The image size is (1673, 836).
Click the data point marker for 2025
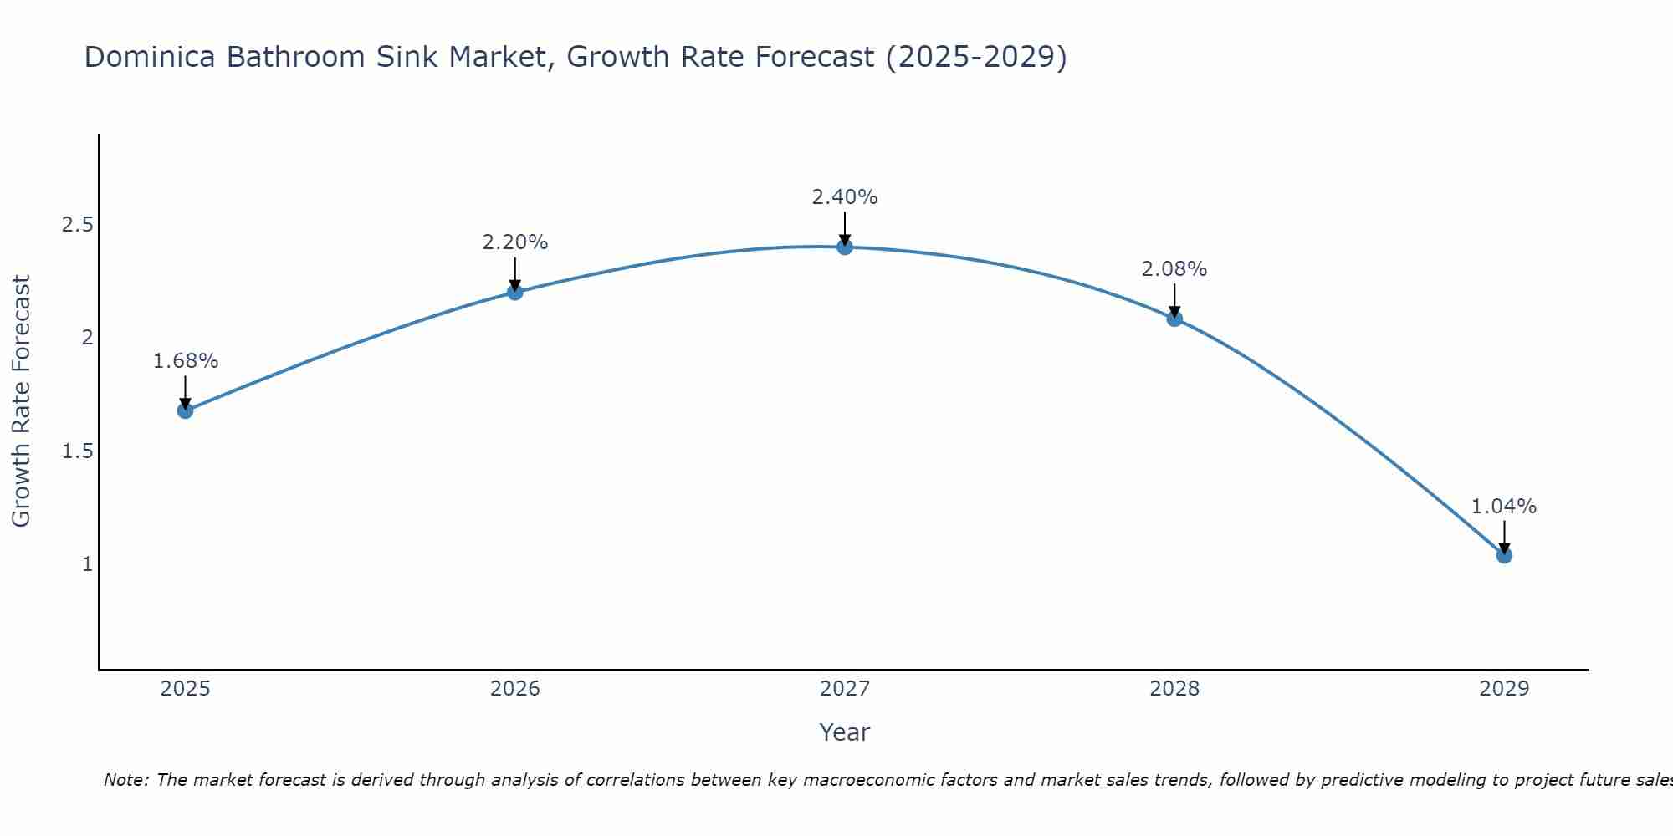pyautogui.click(x=185, y=410)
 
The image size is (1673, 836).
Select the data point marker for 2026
pyautogui.click(x=515, y=292)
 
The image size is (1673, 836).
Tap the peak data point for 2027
pyautogui.click(x=845, y=247)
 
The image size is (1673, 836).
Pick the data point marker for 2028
pyautogui.click(x=1174, y=319)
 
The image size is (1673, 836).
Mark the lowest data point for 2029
pyautogui.click(x=1504, y=555)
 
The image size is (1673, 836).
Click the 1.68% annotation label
pyautogui.click(x=185, y=361)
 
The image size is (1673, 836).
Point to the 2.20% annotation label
pyautogui.click(x=515, y=242)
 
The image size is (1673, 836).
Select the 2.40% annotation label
pyautogui.click(x=845, y=197)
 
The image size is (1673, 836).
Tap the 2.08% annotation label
pyautogui.click(x=1174, y=269)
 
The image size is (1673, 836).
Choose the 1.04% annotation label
pyautogui.click(x=1504, y=507)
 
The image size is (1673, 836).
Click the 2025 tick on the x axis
pyautogui.click(x=185, y=689)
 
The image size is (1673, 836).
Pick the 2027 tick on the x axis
pyautogui.click(x=845, y=689)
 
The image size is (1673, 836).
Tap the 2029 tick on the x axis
pyautogui.click(x=1504, y=689)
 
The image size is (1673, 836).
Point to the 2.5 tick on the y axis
pyautogui.click(x=77, y=225)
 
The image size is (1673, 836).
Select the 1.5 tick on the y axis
pyautogui.click(x=77, y=451)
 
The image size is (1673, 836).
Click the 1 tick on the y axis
pyautogui.click(x=86, y=564)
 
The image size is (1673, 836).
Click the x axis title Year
pyautogui.click(x=845, y=732)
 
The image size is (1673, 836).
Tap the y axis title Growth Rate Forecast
pyautogui.click(x=22, y=401)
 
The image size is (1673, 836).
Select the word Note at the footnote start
pyautogui.click(x=125, y=780)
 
